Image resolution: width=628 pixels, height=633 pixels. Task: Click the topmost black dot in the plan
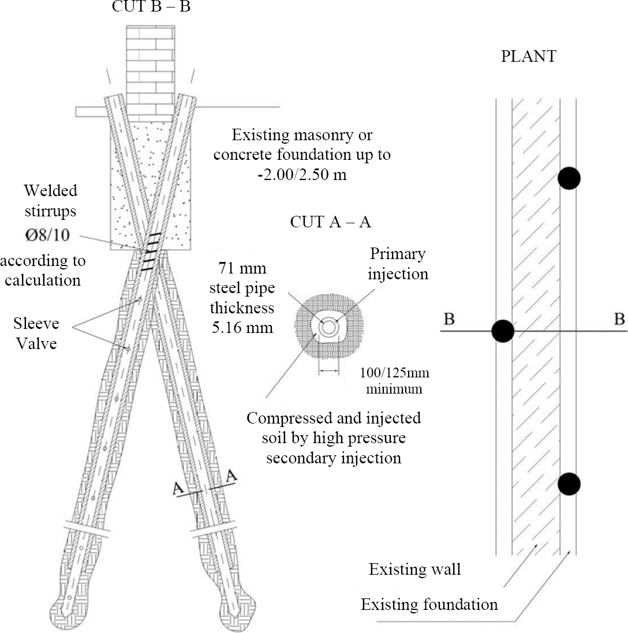pos(569,178)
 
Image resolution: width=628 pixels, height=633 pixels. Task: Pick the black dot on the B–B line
pos(502,331)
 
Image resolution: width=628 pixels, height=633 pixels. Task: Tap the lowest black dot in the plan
pos(569,483)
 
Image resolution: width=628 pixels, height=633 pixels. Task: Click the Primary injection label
pos(399,263)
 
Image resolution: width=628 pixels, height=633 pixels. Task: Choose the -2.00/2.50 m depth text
pos(302,174)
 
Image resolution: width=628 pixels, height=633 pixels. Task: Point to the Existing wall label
pos(415,570)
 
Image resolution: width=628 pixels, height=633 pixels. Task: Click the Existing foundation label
pos(429,605)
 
